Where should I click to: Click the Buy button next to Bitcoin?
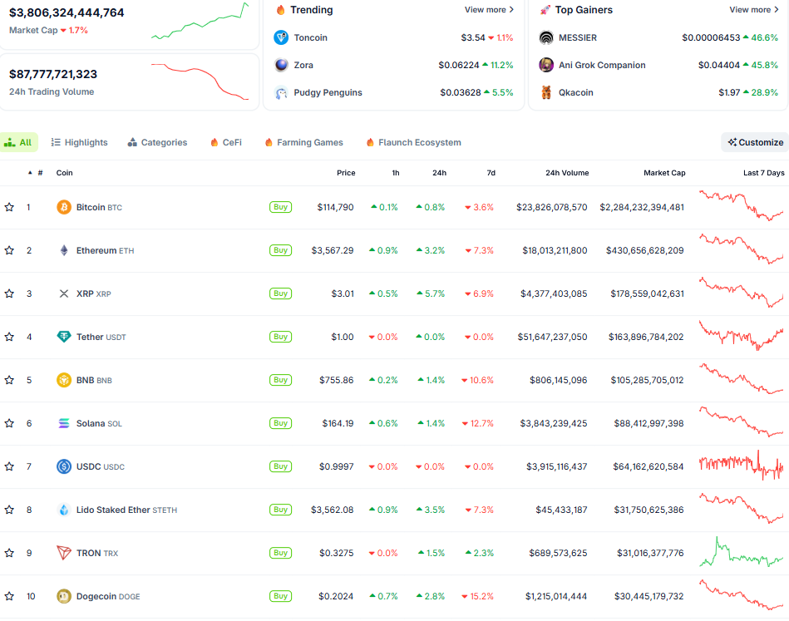[x=280, y=207]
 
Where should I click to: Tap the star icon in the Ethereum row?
[x=9, y=250]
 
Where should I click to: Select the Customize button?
[x=755, y=142]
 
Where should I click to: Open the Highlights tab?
[x=80, y=142]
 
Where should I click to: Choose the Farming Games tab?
[x=303, y=142]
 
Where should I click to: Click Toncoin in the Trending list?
[x=310, y=37]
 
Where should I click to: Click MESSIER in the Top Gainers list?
[x=577, y=37]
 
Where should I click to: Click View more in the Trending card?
[x=489, y=10]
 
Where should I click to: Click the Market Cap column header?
[x=664, y=173]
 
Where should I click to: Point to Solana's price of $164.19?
[x=338, y=423]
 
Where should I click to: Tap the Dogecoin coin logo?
[x=64, y=596]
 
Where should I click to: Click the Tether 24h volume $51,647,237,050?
[x=551, y=337]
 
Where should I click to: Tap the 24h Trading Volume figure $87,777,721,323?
[x=53, y=74]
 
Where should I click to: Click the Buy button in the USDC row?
[x=280, y=466]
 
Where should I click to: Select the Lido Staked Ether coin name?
[x=113, y=510]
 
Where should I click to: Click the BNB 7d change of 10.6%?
[x=480, y=380]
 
